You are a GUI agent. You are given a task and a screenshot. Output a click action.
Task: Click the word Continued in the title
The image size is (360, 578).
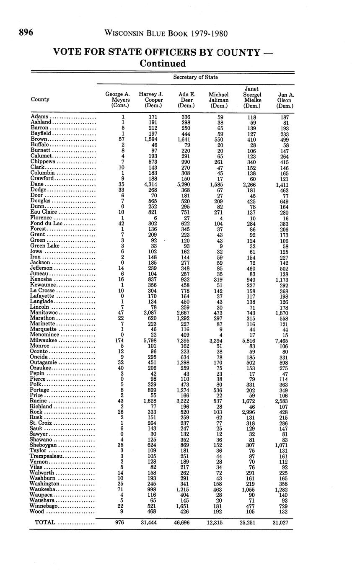pos(163,64)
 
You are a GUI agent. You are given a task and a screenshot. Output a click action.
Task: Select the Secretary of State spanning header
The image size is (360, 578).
pos(196,77)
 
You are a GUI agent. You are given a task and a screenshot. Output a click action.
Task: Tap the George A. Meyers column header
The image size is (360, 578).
pos(117,100)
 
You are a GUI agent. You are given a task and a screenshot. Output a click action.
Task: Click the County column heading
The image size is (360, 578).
pos(40,99)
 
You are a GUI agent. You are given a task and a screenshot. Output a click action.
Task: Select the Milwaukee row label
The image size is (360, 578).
pos(44,341)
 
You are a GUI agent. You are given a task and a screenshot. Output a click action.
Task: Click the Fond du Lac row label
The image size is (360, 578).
pos(47,223)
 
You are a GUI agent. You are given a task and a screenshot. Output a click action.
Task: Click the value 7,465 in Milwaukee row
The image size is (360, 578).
pos(285,341)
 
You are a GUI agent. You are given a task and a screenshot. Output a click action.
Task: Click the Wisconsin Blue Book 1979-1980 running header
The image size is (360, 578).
pos(166,34)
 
